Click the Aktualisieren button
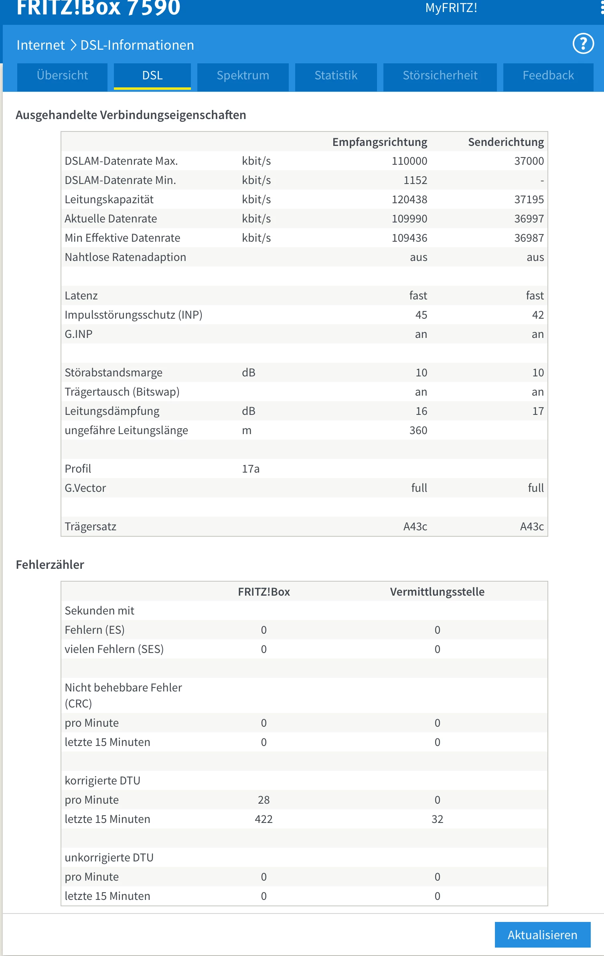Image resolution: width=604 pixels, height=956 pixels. (x=542, y=935)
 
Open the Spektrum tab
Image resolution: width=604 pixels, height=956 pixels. (x=243, y=75)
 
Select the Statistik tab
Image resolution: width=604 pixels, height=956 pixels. (x=336, y=75)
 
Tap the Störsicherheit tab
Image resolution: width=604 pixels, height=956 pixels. (x=440, y=75)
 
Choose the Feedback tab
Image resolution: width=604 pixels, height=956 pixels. (x=548, y=75)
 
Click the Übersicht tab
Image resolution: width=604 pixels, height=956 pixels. (x=62, y=75)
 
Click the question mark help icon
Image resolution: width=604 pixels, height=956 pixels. (x=583, y=44)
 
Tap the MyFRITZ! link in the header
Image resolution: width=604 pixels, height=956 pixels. (x=451, y=8)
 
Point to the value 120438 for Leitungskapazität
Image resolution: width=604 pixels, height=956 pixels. (x=409, y=200)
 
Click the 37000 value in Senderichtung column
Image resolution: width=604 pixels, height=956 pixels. (x=529, y=161)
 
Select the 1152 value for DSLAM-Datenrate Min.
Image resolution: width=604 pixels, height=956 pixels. (x=415, y=180)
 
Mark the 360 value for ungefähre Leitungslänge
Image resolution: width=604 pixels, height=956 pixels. (x=418, y=431)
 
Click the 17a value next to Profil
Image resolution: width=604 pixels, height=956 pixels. (x=251, y=469)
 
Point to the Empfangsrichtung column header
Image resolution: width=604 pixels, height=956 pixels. (x=379, y=142)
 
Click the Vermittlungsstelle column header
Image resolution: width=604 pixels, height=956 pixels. (x=437, y=592)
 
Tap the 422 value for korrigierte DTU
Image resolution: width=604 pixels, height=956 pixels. (x=263, y=819)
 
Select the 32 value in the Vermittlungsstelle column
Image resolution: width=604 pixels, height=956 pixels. (x=437, y=819)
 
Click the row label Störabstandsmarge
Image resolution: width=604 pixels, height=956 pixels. (x=114, y=373)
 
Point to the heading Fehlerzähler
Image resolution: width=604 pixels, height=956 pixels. (x=50, y=565)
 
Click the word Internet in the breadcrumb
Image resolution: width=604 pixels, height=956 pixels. (x=41, y=45)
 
